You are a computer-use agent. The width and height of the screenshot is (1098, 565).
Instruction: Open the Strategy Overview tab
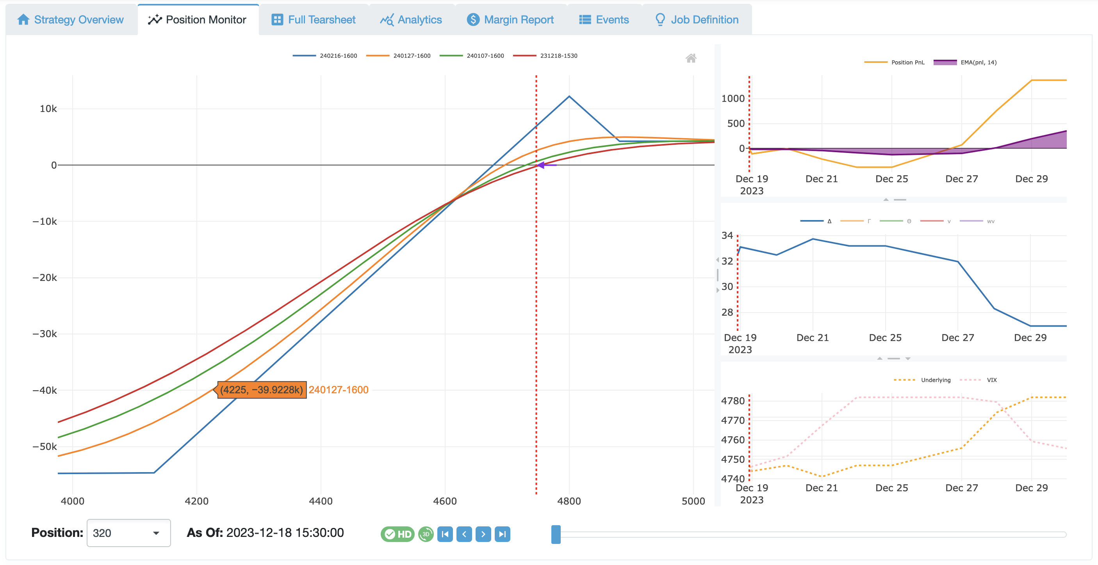click(71, 20)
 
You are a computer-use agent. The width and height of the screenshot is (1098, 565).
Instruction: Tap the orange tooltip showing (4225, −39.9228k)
click(261, 390)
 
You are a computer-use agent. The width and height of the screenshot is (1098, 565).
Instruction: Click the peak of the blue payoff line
click(569, 96)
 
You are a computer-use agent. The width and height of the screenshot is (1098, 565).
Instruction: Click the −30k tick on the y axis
click(45, 334)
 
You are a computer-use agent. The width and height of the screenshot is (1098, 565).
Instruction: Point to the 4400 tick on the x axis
click(321, 501)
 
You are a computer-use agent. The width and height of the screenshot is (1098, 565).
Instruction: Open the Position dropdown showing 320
click(128, 533)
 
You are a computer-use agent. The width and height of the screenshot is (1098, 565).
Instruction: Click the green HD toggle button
click(397, 534)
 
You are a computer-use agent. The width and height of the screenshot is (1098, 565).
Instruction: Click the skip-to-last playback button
click(502, 534)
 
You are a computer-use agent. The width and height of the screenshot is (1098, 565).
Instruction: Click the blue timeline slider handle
click(556, 534)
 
